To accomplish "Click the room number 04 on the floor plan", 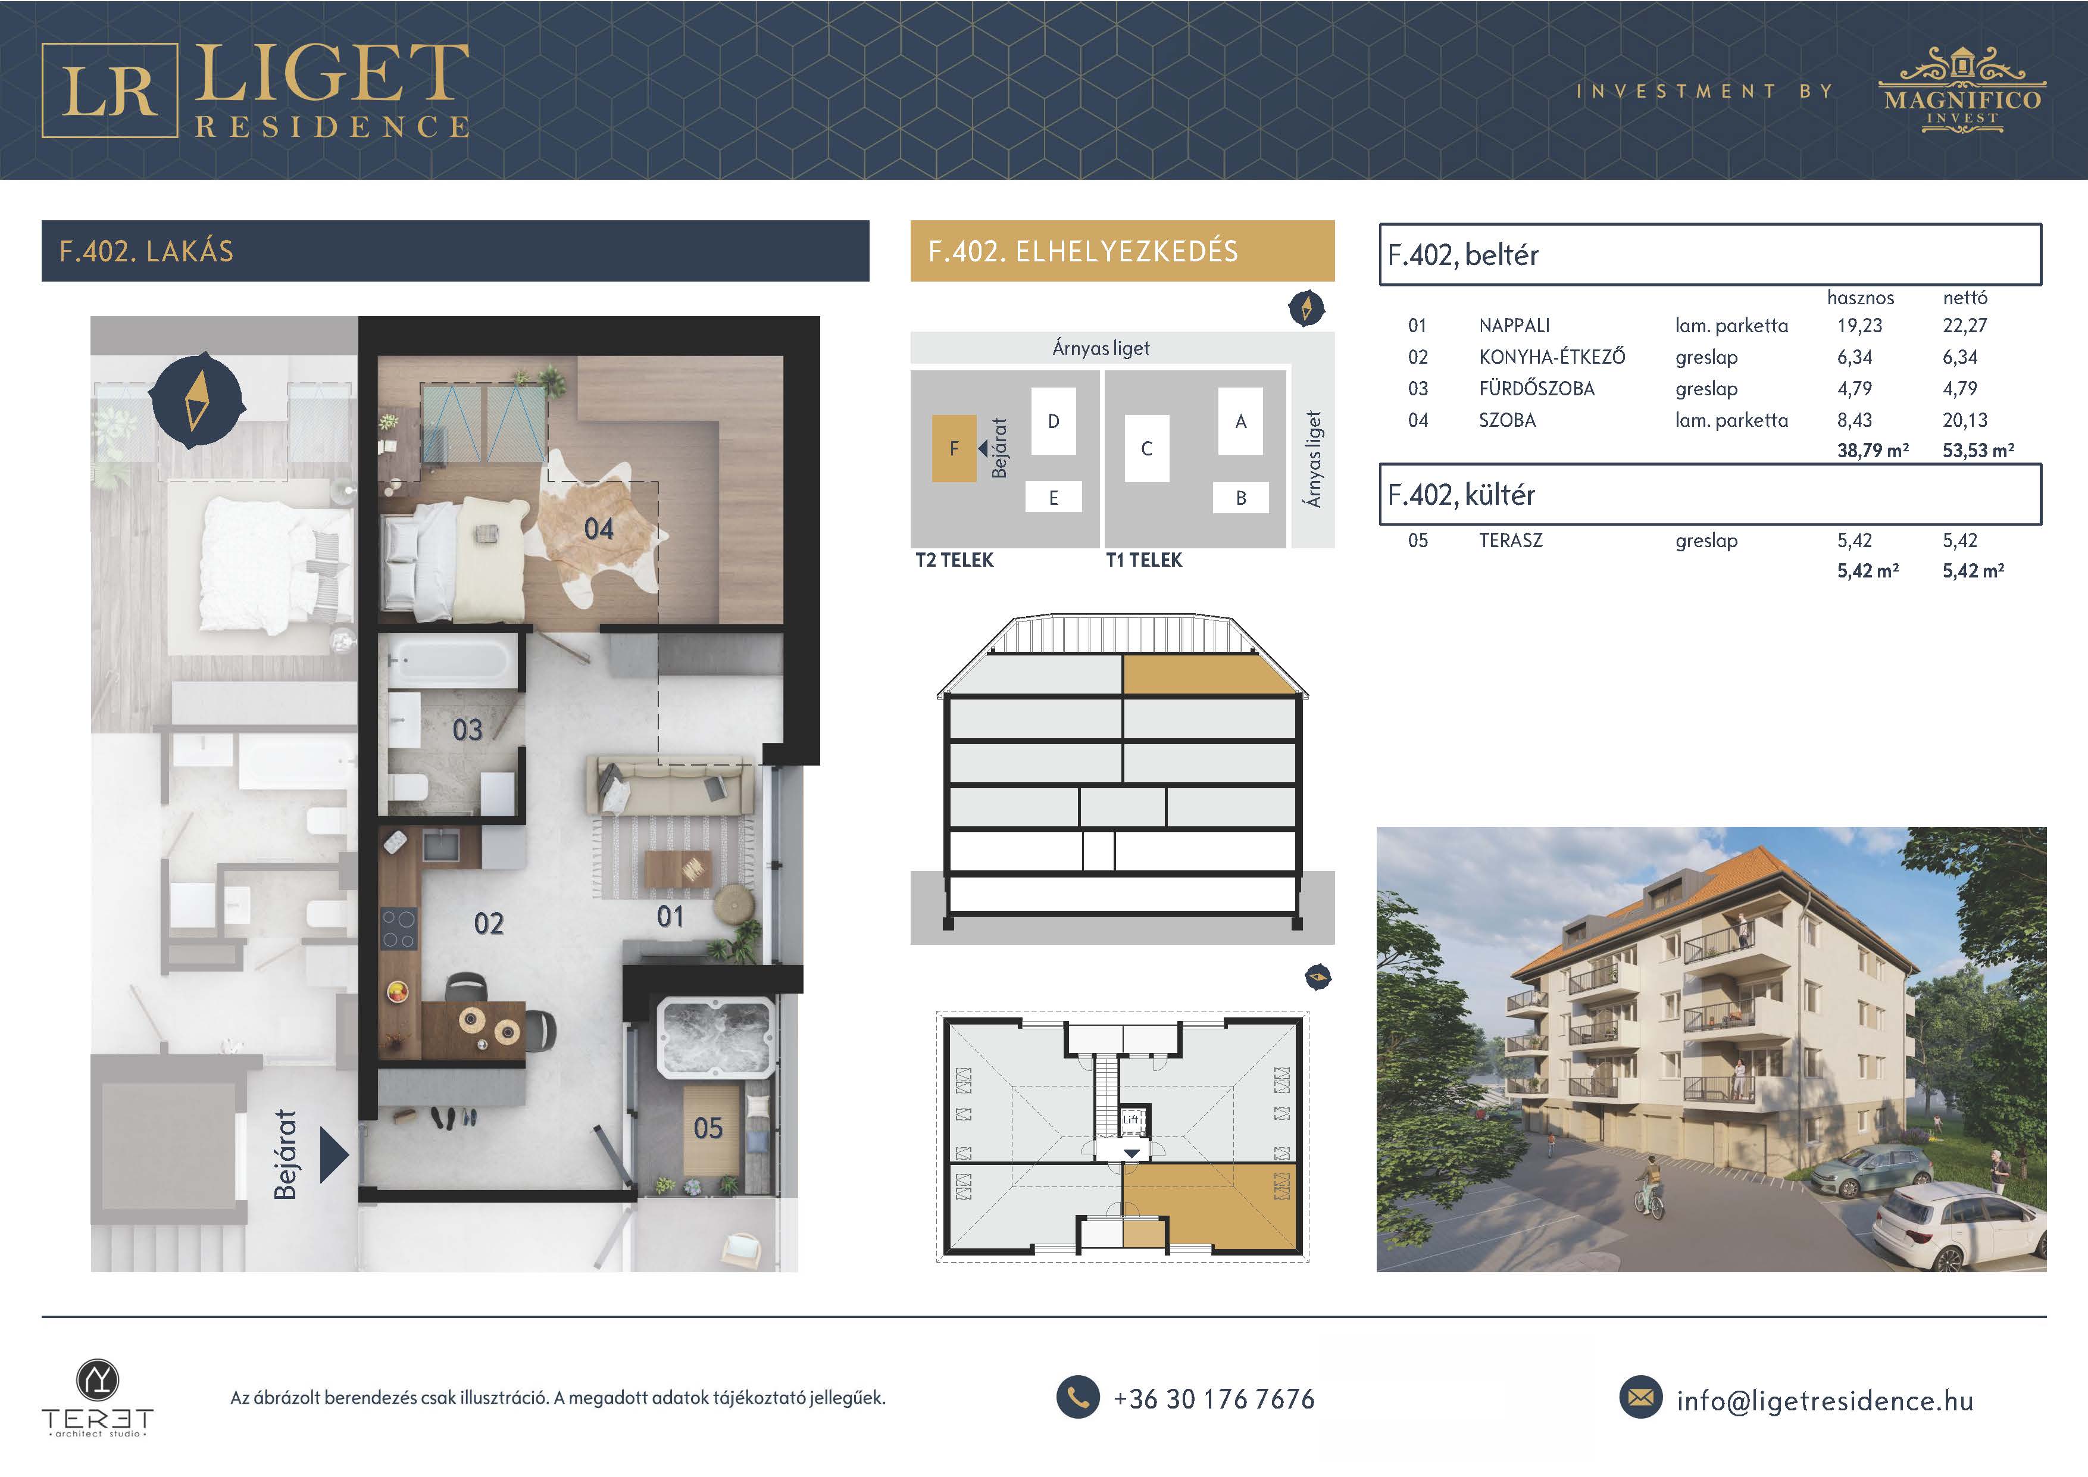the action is [598, 529].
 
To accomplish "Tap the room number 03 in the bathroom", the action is [467, 729].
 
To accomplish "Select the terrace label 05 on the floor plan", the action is [708, 1129].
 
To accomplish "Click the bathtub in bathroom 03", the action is [450, 660].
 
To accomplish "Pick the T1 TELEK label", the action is [1144, 560].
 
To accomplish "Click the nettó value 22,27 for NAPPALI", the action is [1964, 326].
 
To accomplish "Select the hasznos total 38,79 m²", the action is [1873, 450].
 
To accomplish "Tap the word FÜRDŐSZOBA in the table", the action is [1537, 388].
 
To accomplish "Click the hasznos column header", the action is [1861, 298].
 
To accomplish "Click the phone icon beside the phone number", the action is [1078, 1397].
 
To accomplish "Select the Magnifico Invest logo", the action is [1962, 89].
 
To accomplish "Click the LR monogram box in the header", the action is [109, 90].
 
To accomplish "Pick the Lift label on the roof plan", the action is [1130, 1120].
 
